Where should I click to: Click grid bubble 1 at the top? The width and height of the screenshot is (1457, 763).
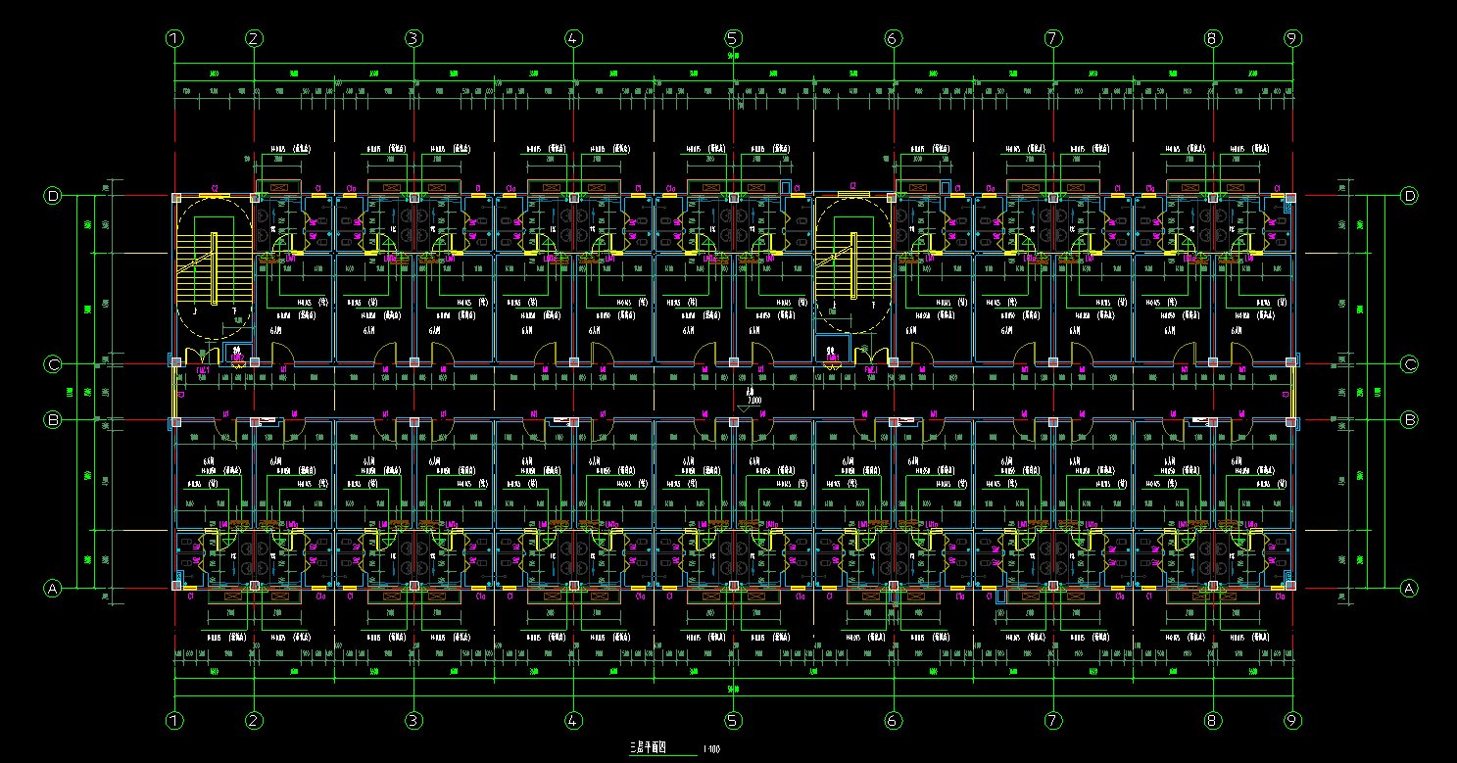tap(174, 39)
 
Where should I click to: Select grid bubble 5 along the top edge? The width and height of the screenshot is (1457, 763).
tap(733, 39)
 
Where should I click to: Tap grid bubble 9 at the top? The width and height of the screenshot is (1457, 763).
tap(1292, 39)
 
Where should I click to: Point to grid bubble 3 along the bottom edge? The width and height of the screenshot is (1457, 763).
tap(413, 721)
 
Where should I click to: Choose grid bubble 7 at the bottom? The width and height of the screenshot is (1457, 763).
tap(1052, 721)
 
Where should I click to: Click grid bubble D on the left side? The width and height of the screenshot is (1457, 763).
tap(54, 196)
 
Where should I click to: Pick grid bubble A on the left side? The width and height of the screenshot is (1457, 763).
tap(54, 588)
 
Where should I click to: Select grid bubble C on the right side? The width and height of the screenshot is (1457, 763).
tap(1410, 364)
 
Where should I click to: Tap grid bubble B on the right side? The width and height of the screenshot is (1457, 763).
tap(1410, 419)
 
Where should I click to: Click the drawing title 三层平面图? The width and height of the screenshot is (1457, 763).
tap(648, 748)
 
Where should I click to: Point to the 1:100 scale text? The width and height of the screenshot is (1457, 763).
tap(711, 750)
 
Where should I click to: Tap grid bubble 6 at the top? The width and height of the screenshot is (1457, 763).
tap(893, 39)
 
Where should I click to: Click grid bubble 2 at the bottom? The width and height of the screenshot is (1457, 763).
tap(254, 721)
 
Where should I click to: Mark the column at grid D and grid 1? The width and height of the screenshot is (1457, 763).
tap(176, 198)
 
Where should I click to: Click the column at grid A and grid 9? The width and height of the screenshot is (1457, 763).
tap(1290, 586)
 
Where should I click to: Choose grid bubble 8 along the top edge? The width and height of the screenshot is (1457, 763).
tap(1212, 39)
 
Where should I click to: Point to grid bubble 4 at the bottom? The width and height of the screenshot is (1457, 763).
tap(573, 721)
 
